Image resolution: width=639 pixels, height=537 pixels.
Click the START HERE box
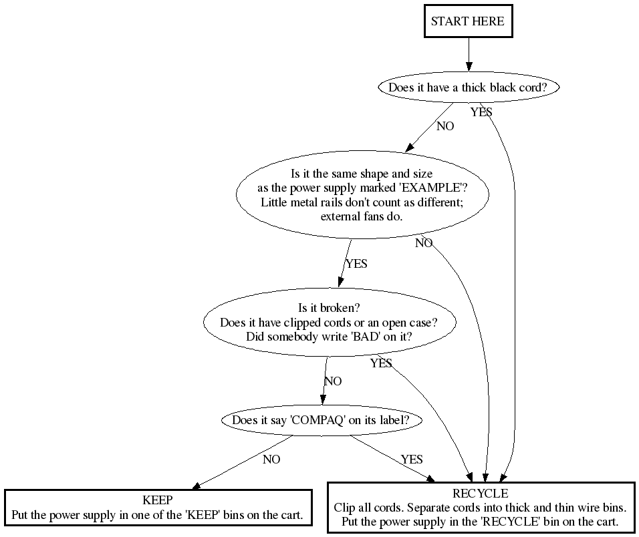click(468, 21)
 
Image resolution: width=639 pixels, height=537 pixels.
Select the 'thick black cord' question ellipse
click(468, 87)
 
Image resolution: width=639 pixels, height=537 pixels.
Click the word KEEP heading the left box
click(158, 500)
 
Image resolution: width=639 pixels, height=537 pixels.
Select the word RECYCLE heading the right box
click(480, 494)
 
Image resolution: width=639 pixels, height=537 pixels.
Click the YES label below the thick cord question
click(481, 112)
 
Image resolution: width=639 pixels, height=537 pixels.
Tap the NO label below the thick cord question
click(445, 126)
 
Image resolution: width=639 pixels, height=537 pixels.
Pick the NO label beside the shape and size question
click(424, 243)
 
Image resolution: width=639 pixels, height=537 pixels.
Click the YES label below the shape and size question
click(356, 264)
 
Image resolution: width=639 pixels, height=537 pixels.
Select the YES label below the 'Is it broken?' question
click(381, 363)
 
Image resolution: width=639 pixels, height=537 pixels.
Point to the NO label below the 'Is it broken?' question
click(333, 381)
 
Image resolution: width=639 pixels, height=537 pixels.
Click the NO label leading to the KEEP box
click(271, 460)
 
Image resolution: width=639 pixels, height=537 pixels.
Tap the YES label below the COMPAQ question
click(412, 460)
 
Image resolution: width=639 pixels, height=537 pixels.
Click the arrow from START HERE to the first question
click(469, 53)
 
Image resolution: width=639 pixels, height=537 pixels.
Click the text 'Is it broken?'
click(329, 308)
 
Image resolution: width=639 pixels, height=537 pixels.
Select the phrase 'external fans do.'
click(362, 216)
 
